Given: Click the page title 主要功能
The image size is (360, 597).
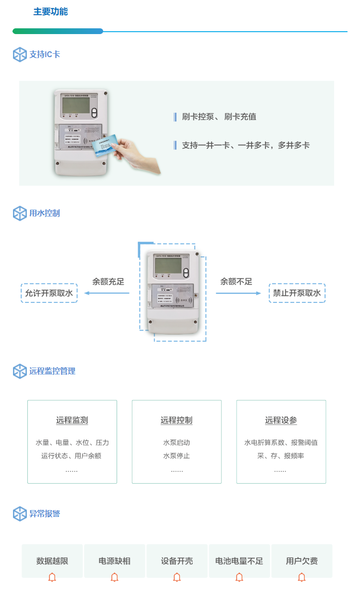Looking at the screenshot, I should coord(50,12).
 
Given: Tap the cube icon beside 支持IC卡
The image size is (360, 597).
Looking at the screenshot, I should coord(20,55).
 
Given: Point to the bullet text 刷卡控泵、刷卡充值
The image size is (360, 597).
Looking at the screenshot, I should coord(219,117).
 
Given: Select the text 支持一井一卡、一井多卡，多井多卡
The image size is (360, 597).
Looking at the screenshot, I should coord(246,145).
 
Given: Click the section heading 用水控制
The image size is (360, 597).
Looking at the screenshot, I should coord(45,214).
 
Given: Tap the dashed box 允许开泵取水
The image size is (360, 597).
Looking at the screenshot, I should coord(49,293).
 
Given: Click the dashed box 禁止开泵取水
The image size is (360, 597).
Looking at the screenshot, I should coord(297,293).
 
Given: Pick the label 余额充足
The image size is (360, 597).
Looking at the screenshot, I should coord(108,282).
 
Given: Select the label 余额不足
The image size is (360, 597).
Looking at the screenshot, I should coord(236,282).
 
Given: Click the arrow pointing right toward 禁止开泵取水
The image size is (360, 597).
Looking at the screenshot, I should coord(238,293).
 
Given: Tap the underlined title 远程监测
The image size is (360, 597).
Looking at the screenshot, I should coord(72,421).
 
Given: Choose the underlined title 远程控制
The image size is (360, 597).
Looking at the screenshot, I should coord(177,421).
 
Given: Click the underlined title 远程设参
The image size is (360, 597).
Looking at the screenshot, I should coord(281,421).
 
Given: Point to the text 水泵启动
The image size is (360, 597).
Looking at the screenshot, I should coord(177,443).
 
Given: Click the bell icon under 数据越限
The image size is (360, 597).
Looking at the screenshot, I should coord(52,577).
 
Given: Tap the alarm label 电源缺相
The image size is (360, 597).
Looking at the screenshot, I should coord(115,561).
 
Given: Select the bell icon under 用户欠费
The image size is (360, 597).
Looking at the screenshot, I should coord(302,577).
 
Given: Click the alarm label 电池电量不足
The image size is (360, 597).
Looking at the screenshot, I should coord(239,561).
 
